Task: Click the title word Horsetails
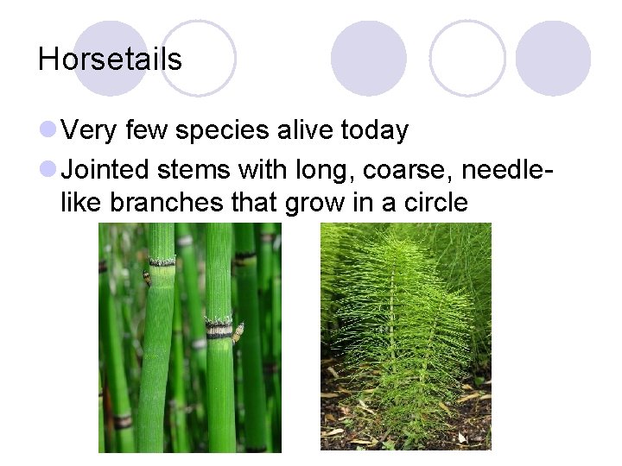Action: [110, 60]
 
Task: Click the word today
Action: [375, 131]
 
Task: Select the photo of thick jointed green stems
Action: [189, 337]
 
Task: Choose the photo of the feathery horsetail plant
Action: [405, 337]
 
